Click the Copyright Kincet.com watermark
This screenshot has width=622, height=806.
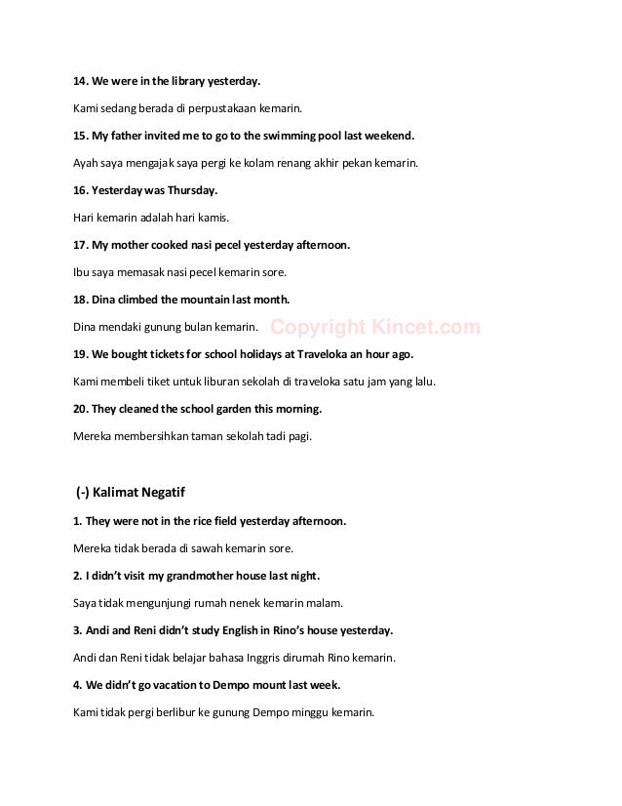pos(374,328)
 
